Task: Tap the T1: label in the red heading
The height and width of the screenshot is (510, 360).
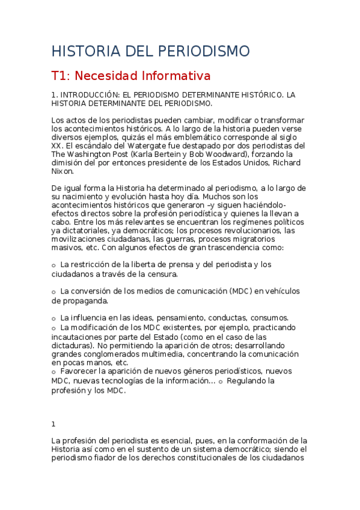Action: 61,76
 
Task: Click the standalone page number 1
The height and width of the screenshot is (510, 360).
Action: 53,423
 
